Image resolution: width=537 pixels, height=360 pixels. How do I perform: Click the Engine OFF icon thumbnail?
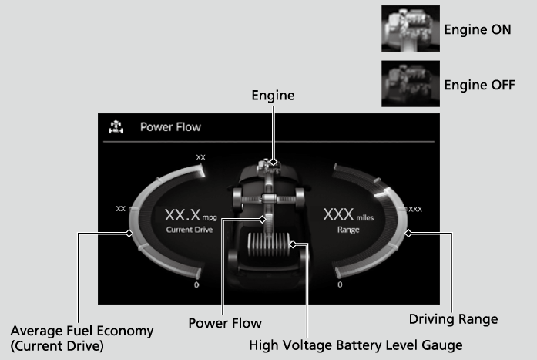[410, 82]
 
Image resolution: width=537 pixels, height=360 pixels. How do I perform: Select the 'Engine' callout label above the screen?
[273, 96]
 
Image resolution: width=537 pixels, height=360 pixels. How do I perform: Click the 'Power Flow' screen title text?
[170, 127]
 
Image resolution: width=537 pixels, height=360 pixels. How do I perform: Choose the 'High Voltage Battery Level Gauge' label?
[356, 345]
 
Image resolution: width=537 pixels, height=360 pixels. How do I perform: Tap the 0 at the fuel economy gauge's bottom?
[196, 285]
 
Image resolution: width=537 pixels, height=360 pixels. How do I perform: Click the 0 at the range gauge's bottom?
[340, 285]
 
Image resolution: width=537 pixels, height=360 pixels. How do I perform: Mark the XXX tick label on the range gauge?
[414, 209]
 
